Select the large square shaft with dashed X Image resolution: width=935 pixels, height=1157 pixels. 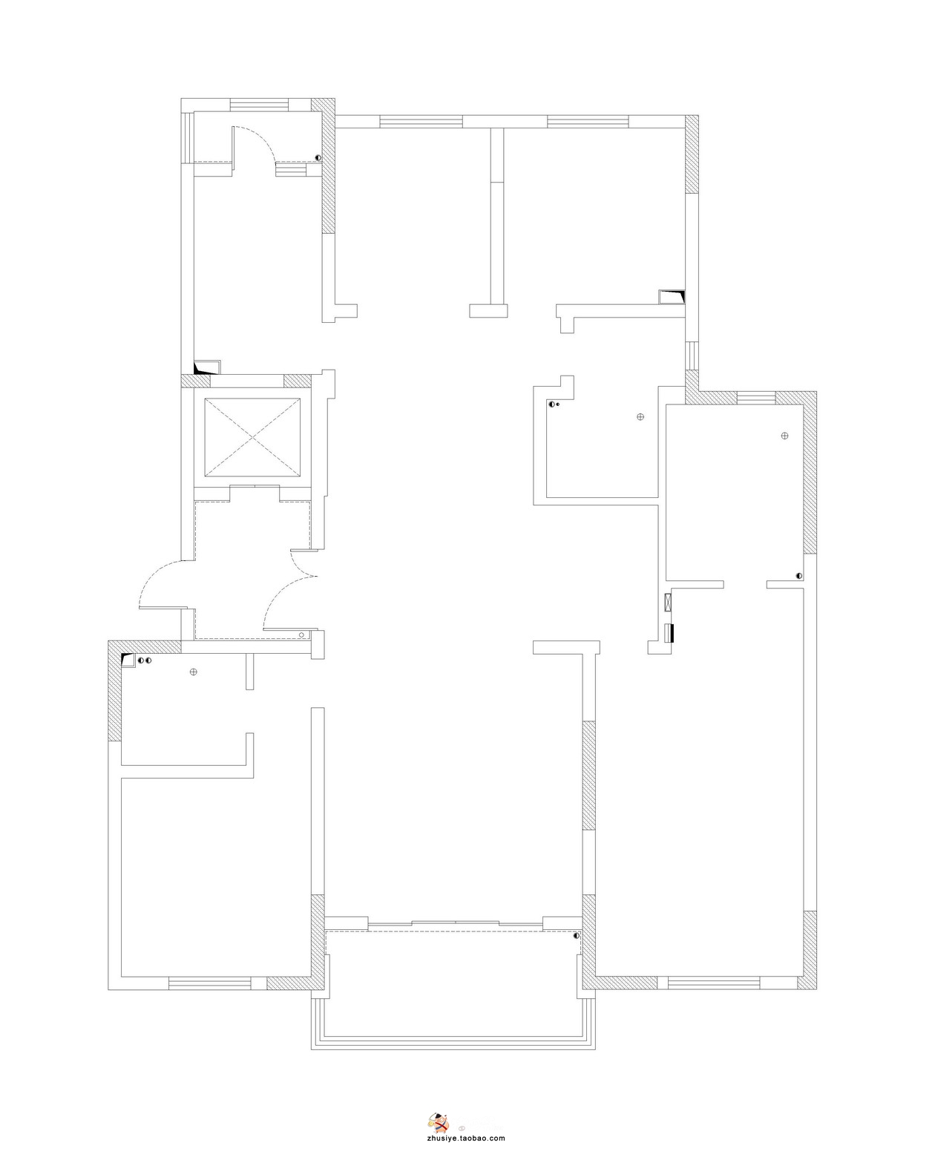pyautogui.click(x=252, y=436)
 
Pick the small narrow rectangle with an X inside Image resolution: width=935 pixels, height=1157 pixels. pyautogui.click(x=669, y=602)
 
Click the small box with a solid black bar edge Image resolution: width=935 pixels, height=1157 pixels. pyautogui.click(x=669, y=633)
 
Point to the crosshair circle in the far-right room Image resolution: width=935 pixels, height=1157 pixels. pyautogui.click(x=784, y=436)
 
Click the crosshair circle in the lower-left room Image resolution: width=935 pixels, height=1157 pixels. pyautogui.click(x=193, y=672)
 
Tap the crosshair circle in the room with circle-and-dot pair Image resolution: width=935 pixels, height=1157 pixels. pyautogui.click(x=640, y=416)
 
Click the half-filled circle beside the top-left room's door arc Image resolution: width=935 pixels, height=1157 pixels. pyautogui.click(x=318, y=157)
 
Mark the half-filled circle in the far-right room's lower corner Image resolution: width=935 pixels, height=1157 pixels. pyautogui.click(x=798, y=576)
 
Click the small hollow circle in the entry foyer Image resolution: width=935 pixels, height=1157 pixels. pyautogui.click(x=302, y=634)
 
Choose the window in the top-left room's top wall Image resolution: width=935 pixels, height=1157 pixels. pyautogui.click(x=259, y=105)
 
